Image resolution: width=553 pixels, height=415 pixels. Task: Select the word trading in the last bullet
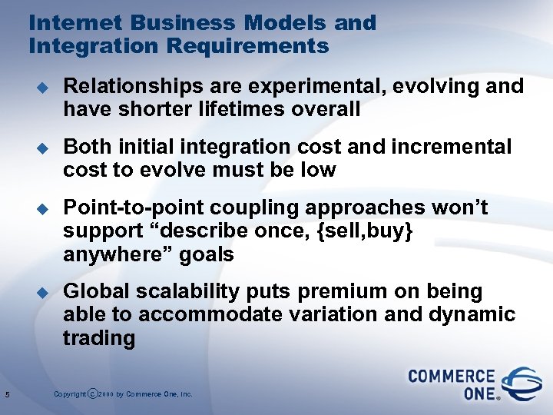[x=99, y=338]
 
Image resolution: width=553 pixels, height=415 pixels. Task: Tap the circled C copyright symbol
[x=93, y=394]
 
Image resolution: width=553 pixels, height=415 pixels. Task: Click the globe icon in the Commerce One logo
[x=522, y=382]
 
